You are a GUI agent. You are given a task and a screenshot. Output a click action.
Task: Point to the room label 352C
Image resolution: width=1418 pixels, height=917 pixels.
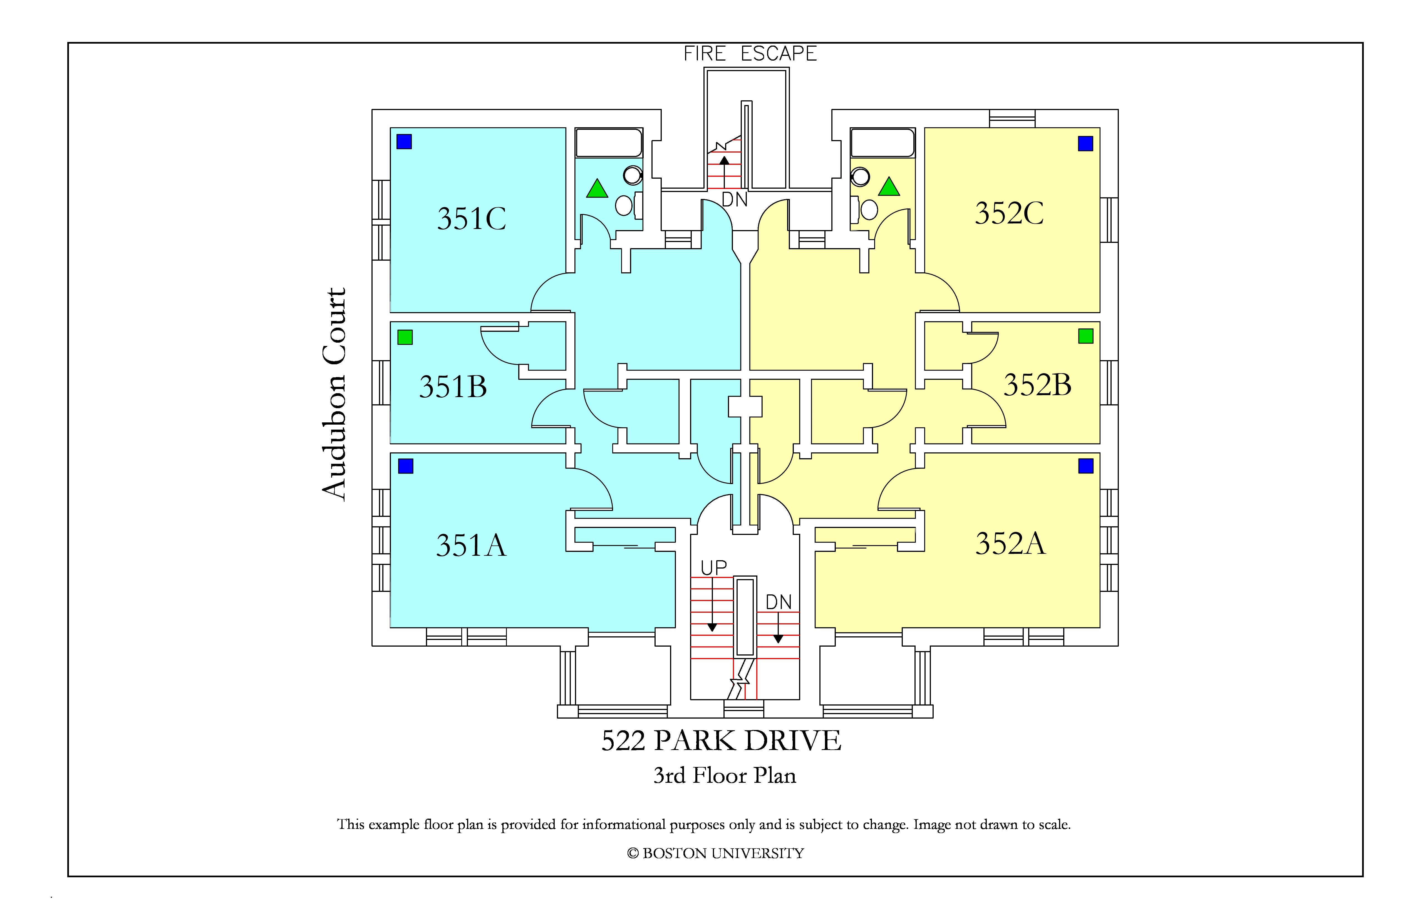(1009, 213)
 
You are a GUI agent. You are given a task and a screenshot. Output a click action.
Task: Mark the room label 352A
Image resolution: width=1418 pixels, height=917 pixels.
(1010, 543)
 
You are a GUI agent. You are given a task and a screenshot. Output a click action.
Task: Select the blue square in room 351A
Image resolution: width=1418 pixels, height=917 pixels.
(406, 466)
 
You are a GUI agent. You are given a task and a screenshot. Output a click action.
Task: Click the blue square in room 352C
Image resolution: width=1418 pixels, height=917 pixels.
(1085, 143)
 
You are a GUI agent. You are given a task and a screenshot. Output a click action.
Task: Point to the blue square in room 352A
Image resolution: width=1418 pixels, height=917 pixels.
(1085, 466)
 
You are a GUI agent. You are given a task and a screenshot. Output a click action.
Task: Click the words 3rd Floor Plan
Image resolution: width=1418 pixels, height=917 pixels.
(725, 775)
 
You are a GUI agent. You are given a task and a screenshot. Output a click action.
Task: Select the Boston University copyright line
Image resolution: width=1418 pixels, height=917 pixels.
(715, 853)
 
